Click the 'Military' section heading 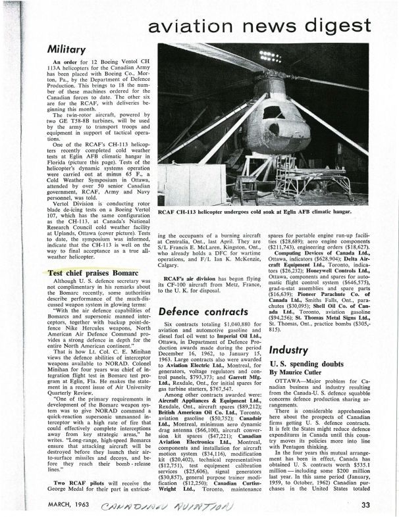coord(68,49)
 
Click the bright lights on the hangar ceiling coord(269,56)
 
